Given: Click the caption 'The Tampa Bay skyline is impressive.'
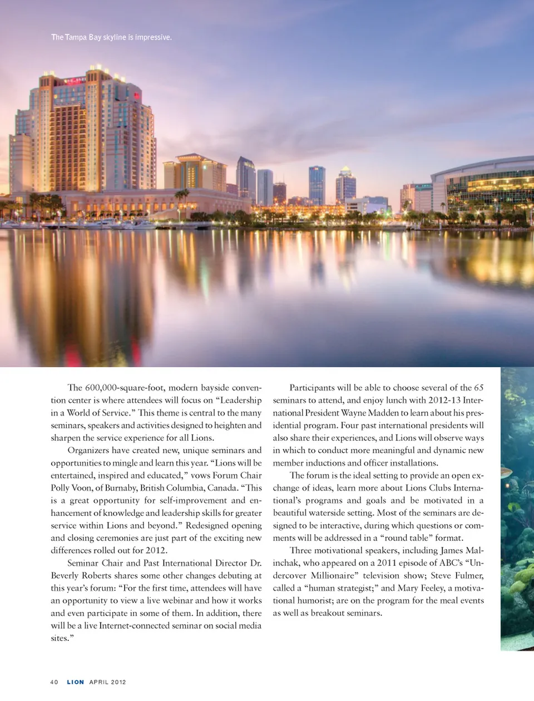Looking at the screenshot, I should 111,37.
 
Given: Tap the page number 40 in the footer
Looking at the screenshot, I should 54,682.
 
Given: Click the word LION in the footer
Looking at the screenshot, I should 76,682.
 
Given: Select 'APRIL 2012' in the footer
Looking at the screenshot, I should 107,682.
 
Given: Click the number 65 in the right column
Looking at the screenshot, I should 478,388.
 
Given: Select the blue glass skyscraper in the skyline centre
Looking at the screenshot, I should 317,185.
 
